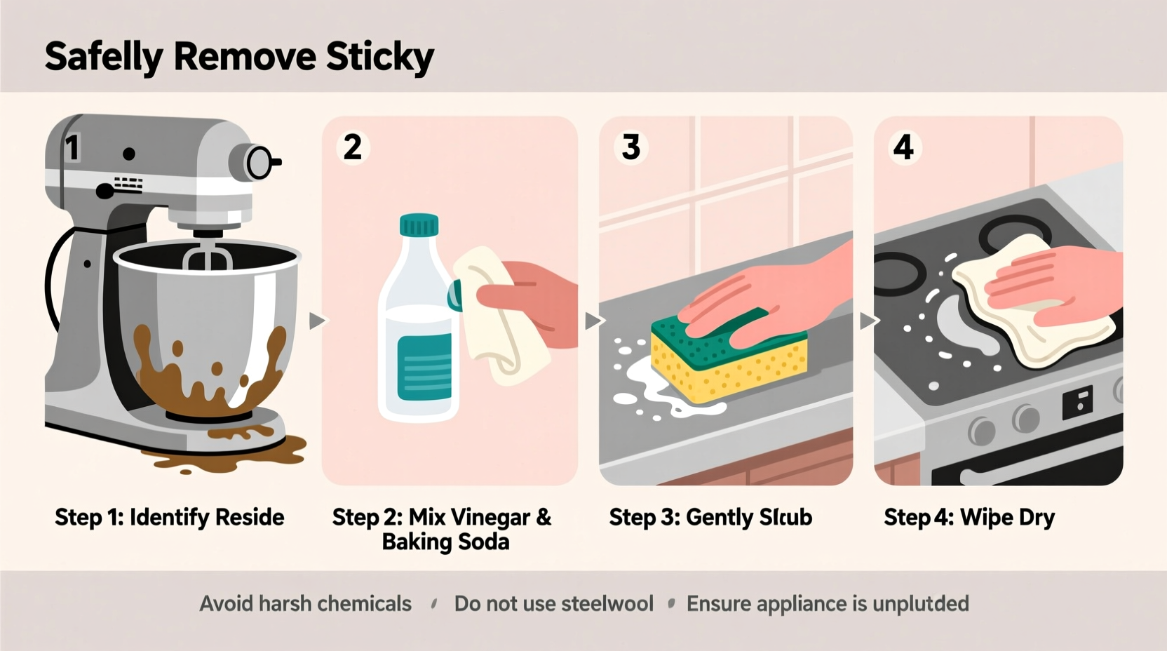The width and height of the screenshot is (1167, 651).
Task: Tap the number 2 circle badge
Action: click(x=353, y=147)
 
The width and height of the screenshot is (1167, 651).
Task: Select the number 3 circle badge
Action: click(x=630, y=147)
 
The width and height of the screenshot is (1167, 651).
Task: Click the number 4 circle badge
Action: click(x=903, y=147)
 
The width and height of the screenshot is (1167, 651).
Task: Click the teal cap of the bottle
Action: click(x=419, y=225)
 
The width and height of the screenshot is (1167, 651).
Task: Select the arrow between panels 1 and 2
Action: click(x=317, y=321)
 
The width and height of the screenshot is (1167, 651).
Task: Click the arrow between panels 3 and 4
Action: click(x=868, y=321)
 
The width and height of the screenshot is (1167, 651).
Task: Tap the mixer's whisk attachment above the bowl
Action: click(x=208, y=257)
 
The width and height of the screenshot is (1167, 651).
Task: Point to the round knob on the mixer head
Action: click(x=259, y=163)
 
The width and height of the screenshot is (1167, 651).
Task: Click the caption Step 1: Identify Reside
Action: click(x=169, y=518)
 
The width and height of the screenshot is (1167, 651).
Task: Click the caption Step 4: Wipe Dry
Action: click(x=969, y=518)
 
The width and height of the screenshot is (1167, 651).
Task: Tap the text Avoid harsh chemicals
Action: click(x=305, y=604)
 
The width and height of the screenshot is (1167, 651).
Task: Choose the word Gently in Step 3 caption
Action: click(x=719, y=518)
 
